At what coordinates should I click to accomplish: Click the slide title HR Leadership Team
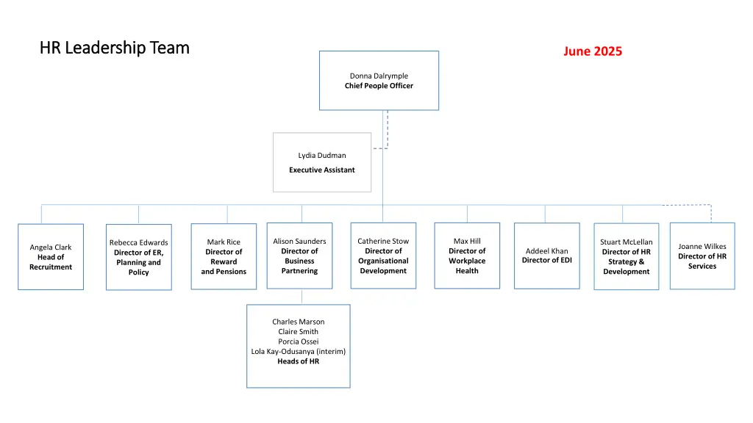click(115, 48)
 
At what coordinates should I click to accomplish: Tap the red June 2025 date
click(593, 51)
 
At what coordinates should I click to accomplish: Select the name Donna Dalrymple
click(379, 76)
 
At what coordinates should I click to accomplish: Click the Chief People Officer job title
click(379, 86)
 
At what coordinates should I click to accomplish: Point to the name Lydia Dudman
click(322, 155)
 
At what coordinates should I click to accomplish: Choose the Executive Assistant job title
click(322, 170)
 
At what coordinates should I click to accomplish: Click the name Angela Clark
click(51, 247)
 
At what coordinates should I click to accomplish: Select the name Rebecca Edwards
click(138, 242)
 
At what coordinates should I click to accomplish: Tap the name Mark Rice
click(224, 242)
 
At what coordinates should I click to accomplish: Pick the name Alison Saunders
click(299, 241)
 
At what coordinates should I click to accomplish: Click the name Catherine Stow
click(383, 241)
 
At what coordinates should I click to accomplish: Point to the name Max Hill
click(467, 241)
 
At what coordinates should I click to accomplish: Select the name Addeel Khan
click(547, 251)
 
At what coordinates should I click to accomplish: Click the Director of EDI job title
click(547, 261)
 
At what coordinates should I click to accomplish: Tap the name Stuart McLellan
click(626, 242)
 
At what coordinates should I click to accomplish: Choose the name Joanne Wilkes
click(702, 247)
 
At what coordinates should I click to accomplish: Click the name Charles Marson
click(298, 322)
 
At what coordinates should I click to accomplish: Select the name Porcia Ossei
click(298, 341)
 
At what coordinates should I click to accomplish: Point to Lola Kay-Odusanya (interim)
click(298, 351)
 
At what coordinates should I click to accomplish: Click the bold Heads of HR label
click(298, 361)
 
